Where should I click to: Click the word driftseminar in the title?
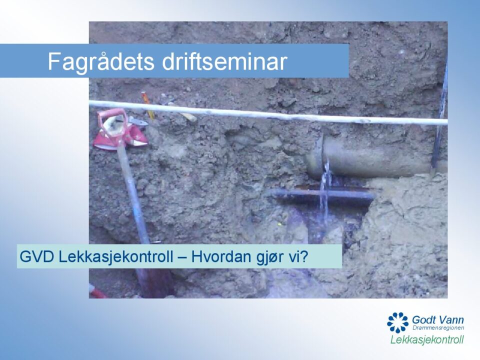[x=224, y=61]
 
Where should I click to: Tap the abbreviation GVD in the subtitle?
[x=36, y=256]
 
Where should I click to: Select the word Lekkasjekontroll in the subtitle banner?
[x=116, y=256]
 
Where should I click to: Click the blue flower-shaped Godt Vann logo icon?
[x=397, y=322]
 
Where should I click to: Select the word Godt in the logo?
[x=423, y=320]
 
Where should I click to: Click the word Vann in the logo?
[x=451, y=320]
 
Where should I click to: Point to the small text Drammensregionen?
[x=438, y=328]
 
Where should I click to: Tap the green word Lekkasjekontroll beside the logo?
[x=427, y=339]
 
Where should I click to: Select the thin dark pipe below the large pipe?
[x=321, y=194]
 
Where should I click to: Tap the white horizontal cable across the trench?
[x=268, y=113]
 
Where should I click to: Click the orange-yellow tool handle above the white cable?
[x=147, y=105]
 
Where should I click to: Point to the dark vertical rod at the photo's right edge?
[x=440, y=116]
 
